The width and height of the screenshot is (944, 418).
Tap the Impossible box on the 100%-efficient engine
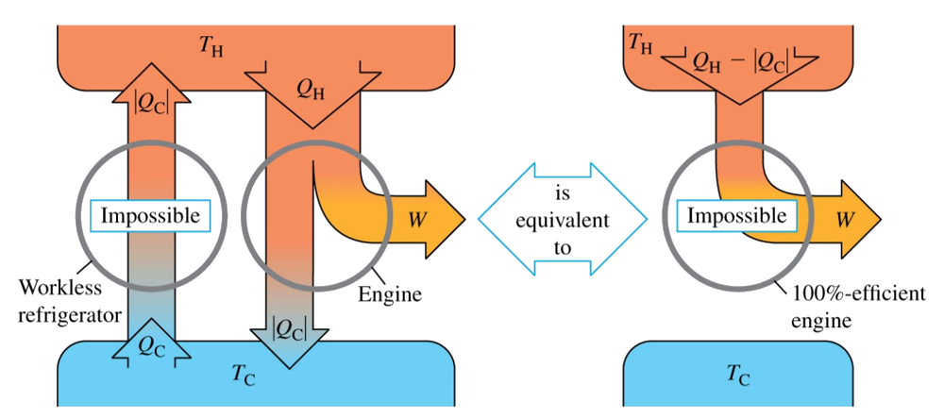tap(736, 216)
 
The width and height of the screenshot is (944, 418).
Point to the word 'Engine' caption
tap(389, 295)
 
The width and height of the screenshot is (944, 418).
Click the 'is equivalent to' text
tap(564, 219)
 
